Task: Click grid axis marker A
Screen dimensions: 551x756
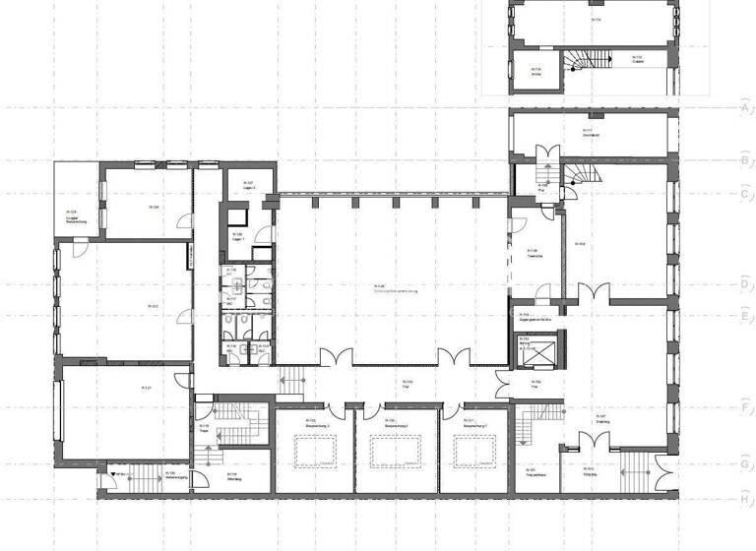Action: (744, 107)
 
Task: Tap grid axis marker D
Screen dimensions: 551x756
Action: (744, 284)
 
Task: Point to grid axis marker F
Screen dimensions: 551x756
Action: (744, 404)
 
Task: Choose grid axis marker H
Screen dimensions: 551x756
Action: (744, 498)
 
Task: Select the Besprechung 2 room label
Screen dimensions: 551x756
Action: (392, 425)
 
